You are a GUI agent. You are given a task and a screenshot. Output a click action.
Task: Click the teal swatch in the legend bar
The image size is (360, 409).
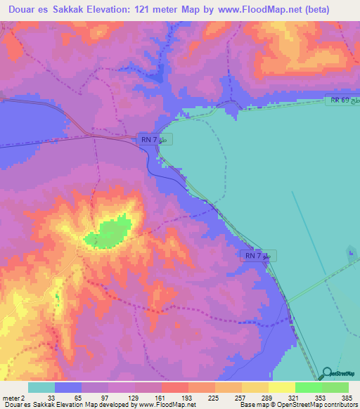pos(41,387)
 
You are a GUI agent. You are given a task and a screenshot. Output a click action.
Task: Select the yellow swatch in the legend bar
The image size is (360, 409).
pos(281,387)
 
